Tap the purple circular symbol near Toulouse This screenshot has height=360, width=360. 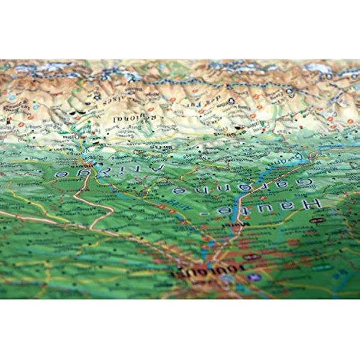coord(257,277)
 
